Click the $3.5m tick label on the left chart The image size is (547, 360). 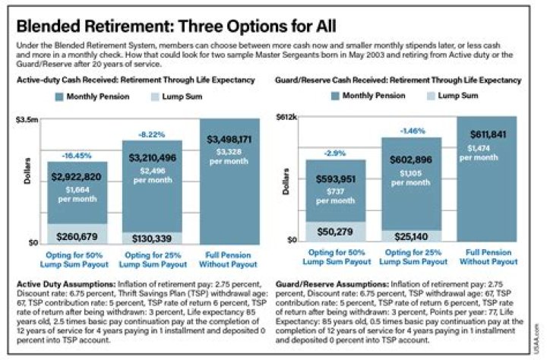[28, 119]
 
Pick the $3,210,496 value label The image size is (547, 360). [152, 157]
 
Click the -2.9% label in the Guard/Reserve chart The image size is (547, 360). [335, 153]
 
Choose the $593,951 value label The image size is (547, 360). [335, 179]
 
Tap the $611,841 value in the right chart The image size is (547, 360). [487, 134]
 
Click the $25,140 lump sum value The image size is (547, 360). [410, 236]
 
